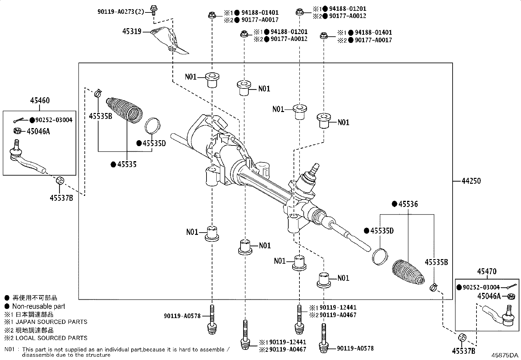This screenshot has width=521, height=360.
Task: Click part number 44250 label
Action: click(x=471, y=181)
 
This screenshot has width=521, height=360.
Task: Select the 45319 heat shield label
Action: click(x=132, y=31)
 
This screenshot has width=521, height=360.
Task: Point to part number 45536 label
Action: click(x=408, y=204)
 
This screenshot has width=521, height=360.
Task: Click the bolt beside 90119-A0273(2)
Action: click(x=153, y=9)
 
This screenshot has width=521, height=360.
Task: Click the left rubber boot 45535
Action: click(x=124, y=111)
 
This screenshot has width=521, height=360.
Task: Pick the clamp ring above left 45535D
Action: click(x=153, y=126)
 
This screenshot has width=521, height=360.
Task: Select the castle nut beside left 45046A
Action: click(x=17, y=131)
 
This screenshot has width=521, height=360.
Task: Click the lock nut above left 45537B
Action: click(x=60, y=180)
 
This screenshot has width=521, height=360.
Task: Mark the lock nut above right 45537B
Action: click(x=463, y=337)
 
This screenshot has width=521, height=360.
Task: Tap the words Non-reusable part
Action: click(x=38, y=306)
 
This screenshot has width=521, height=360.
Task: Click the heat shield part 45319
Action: click(x=170, y=41)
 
